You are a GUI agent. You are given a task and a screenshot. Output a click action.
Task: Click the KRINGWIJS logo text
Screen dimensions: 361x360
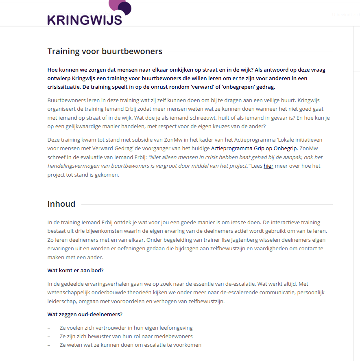click(x=85, y=20)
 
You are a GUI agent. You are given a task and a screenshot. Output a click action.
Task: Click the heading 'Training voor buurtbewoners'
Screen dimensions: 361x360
click(x=105, y=51)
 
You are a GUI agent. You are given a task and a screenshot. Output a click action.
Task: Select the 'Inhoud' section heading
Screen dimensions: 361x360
click(x=61, y=204)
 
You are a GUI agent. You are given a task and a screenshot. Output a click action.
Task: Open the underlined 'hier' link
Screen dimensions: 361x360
click(x=268, y=166)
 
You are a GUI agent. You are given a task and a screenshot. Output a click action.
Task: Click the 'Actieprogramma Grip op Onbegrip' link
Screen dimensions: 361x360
click(x=254, y=148)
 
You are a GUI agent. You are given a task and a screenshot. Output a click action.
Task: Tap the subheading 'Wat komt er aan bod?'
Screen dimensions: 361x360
click(x=75, y=271)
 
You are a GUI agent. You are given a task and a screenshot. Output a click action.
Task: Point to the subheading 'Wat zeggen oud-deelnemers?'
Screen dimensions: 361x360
click(x=85, y=314)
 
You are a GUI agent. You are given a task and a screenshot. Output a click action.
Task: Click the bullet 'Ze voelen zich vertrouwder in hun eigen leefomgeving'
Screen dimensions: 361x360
click(x=126, y=328)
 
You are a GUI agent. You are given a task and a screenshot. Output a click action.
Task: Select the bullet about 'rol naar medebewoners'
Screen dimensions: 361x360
click(x=126, y=337)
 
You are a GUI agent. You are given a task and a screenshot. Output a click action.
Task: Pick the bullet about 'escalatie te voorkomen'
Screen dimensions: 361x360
click(x=130, y=345)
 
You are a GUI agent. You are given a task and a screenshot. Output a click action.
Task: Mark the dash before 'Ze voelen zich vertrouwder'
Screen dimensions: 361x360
click(x=49, y=328)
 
